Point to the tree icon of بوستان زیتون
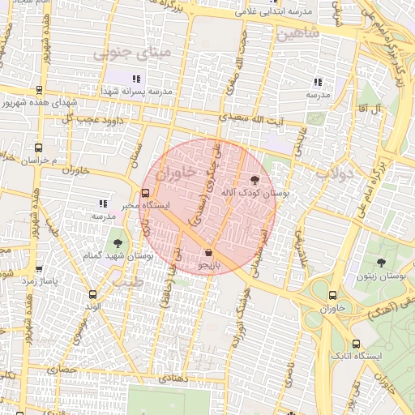tap(381, 262)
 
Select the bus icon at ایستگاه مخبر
tap(145, 194)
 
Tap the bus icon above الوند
tap(92, 294)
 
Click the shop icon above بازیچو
tap(209, 251)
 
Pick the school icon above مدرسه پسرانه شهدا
tap(136, 79)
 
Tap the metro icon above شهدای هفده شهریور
tap(39, 91)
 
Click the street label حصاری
tap(61, 369)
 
